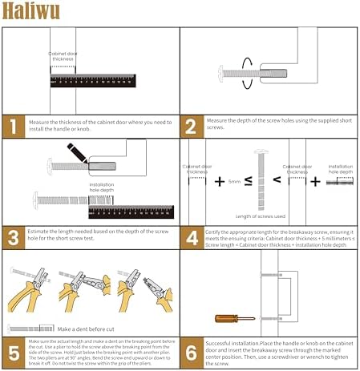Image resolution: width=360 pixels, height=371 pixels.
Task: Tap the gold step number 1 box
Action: tap(14, 125)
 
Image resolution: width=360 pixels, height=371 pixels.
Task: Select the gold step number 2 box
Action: tap(191, 125)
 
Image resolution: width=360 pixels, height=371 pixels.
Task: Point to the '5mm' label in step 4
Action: tap(233, 182)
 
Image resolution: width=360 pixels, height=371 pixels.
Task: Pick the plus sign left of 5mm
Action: tap(219, 181)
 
